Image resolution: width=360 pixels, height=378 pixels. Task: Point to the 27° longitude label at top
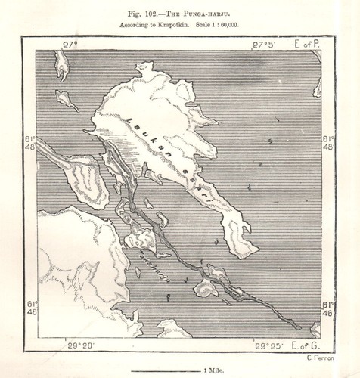[70, 45]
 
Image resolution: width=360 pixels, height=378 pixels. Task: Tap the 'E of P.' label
[307, 45]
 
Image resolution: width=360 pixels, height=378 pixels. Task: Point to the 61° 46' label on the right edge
[328, 308]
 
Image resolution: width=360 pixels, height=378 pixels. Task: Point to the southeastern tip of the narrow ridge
[299, 327]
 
